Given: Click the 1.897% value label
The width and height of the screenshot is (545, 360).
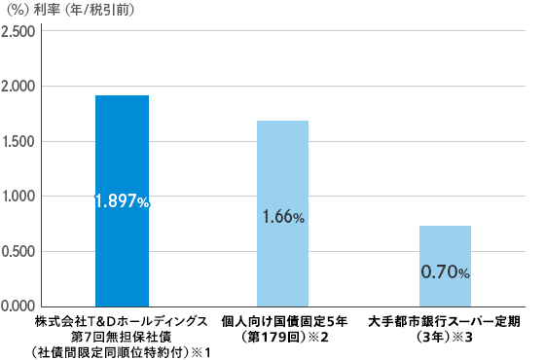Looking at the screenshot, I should click(x=122, y=201).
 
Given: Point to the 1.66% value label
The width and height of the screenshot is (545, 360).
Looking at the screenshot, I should click(x=283, y=218).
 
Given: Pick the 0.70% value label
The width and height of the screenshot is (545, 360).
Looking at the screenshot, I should click(x=445, y=272).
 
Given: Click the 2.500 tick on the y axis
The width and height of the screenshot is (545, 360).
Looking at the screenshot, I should click(x=18, y=32).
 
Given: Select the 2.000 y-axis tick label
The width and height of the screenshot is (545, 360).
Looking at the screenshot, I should click(x=18, y=87).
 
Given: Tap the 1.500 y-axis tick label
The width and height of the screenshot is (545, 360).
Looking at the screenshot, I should click(x=18, y=142).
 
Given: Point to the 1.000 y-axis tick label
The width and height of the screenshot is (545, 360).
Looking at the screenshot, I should click(x=18, y=197).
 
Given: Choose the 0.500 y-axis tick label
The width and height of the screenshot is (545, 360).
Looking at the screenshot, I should click(x=18, y=252).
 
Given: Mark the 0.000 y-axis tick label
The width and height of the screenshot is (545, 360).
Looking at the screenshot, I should click(x=18, y=306).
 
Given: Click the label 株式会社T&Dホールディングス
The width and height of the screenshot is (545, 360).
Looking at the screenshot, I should click(x=122, y=320).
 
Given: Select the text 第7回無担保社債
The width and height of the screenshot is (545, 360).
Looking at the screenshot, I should click(x=122, y=335).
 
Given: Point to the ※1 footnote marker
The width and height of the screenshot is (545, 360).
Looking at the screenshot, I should click(x=203, y=350).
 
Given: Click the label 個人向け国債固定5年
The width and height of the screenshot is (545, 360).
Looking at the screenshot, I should click(x=283, y=320).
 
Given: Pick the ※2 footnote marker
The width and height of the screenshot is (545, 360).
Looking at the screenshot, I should click(x=320, y=336).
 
